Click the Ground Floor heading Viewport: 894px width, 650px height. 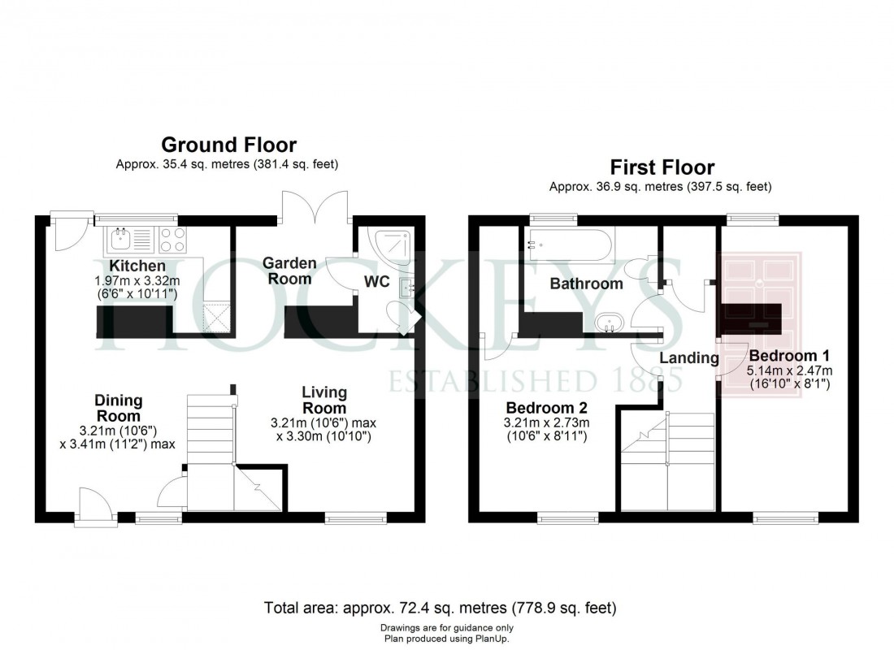(228, 145)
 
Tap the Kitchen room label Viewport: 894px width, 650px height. (137, 266)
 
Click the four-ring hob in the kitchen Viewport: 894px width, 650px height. (173, 239)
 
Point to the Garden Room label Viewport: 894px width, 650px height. (287, 271)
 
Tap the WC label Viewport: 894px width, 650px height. (377, 282)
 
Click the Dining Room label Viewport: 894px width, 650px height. (119, 407)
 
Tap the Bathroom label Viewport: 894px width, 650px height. (586, 284)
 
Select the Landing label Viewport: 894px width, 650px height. (689, 358)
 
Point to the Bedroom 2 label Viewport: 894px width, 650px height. (546, 407)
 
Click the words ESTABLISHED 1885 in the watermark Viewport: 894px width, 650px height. (534, 379)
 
